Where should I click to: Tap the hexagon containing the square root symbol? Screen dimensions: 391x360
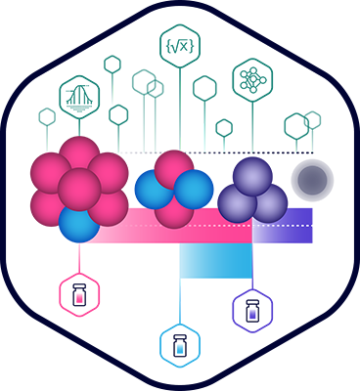tap(179, 43)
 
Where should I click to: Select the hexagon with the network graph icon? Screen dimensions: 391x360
tap(250, 79)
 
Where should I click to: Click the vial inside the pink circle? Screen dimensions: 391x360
tap(79, 294)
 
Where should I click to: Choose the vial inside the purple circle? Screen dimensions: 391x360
tap(251, 310)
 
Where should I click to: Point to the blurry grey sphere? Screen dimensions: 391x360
tap(312, 180)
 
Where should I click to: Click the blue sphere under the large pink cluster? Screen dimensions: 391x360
tap(78, 224)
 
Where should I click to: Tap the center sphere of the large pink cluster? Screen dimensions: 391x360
tap(79, 188)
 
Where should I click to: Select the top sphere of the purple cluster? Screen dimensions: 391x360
tap(252, 177)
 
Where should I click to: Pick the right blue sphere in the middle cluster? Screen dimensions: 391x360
tap(195, 188)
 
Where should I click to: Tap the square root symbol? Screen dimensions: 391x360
tap(179, 43)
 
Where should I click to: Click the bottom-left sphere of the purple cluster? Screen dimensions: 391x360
tap(236, 203)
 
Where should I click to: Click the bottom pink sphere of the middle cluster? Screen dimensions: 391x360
tap(174, 209)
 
